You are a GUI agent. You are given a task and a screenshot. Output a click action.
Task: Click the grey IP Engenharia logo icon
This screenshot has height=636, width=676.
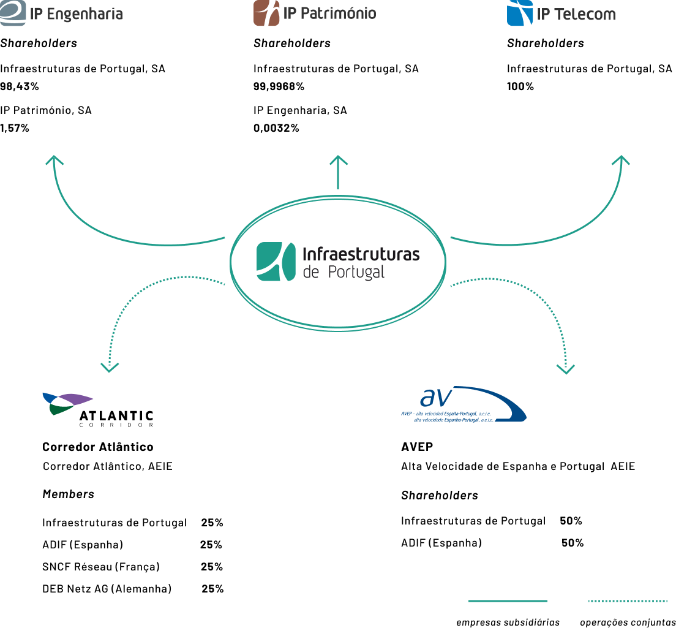point(13,13)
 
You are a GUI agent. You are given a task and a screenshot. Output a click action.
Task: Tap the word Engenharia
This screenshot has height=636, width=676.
point(85,14)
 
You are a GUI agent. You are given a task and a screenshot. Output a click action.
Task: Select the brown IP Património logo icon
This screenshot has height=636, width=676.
point(266,13)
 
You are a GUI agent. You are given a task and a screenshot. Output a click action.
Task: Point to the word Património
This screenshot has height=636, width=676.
point(337,13)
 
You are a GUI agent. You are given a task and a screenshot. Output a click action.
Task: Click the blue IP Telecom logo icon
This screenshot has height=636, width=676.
point(520,13)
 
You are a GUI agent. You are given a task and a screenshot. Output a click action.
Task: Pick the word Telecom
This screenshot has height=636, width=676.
point(585,14)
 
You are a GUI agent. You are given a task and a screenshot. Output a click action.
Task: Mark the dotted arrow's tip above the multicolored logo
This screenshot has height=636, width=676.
point(110,369)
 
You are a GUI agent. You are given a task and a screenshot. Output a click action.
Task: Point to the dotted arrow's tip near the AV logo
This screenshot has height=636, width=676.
point(565,371)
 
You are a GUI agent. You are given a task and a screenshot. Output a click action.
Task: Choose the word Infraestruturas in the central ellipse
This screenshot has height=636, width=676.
point(361,254)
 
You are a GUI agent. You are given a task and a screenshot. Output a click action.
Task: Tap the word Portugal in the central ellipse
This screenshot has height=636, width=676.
point(356,273)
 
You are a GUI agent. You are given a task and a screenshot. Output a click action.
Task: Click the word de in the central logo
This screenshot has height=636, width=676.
point(311,273)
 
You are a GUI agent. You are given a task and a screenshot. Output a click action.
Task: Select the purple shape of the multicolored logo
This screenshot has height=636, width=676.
point(76,399)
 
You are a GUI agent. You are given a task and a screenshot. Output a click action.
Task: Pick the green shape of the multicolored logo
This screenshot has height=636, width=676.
point(59,410)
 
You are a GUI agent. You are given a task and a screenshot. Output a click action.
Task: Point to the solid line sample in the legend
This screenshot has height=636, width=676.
point(508,601)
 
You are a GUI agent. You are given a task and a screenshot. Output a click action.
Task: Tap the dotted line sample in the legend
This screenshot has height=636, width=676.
point(628,601)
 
